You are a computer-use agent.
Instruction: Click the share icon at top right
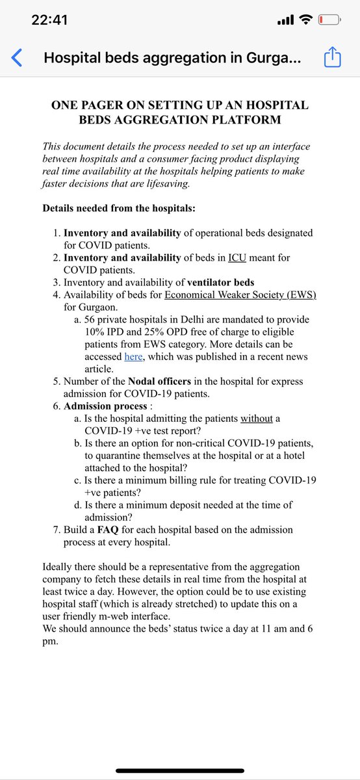[x=332, y=57]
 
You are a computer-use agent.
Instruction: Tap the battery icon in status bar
[x=329, y=20]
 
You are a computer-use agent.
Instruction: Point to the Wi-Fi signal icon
[x=304, y=20]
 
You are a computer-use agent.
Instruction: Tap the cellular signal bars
[x=285, y=21]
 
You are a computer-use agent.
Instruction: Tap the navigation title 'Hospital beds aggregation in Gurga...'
[x=172, y=58]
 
